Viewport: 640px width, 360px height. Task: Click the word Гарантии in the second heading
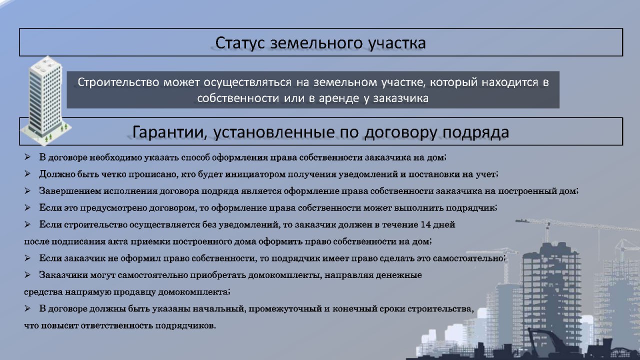(169, 132)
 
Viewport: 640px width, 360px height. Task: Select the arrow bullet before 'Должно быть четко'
(27, 173)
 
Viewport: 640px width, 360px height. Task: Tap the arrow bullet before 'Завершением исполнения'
(27, 190)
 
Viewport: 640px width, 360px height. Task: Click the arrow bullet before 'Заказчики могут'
(27, 275)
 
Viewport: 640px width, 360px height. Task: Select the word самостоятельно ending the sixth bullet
(469, 258)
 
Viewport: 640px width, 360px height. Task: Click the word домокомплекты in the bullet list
(285, 275)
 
